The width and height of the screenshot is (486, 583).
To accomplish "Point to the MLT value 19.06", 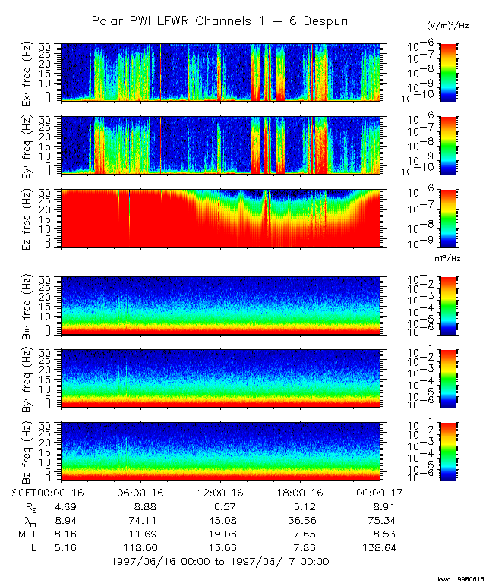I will pos(219,534).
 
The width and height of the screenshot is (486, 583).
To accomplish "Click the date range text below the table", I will pos(220,562).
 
